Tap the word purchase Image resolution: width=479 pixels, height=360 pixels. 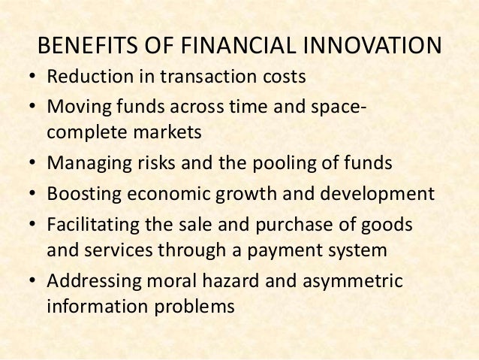coord(302,224)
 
